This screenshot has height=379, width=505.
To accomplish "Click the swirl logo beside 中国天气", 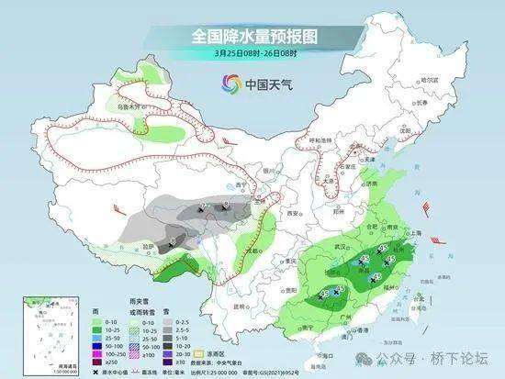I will click(227, 85).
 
